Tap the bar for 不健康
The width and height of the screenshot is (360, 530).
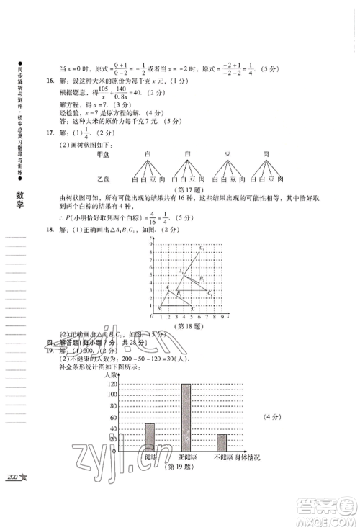222,444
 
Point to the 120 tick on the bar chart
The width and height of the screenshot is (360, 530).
112,384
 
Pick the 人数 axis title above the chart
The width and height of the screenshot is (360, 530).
111,375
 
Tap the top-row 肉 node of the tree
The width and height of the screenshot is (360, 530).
266,153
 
